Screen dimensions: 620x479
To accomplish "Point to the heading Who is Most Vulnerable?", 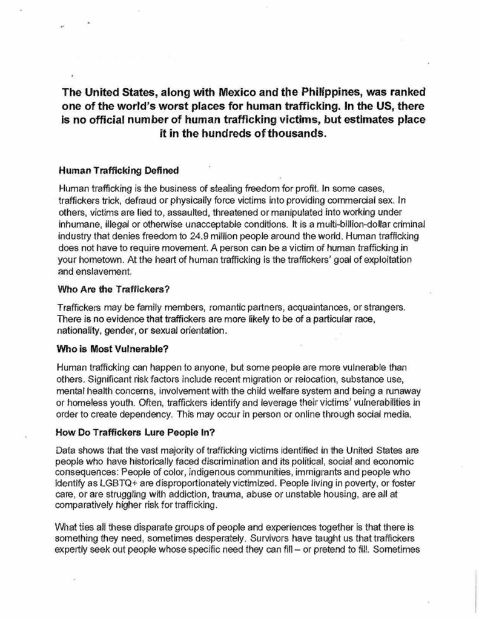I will (108, 349).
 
